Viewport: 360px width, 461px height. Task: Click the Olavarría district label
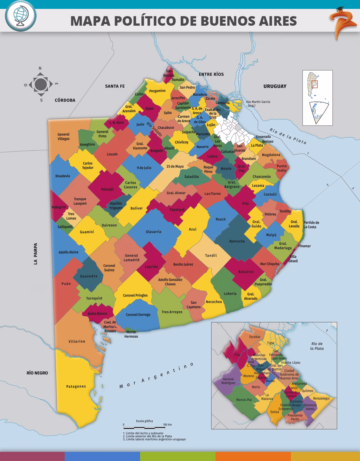click(153, 232)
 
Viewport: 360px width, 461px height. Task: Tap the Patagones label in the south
click(76, 386)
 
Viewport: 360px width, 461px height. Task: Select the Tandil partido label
click(211, 255)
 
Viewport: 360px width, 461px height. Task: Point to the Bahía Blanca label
click(97, 314)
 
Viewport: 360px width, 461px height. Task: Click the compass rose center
click(40, 84)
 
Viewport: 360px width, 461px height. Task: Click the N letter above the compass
click(40, 68)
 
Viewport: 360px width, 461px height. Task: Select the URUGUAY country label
click(275, 86)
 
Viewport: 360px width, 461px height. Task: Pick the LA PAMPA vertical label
click(35, 254)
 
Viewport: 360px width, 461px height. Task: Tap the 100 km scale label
click(167, 425)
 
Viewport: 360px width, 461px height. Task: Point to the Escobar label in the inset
click(254, 337)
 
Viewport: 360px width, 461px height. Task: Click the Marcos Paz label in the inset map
click(244, 399)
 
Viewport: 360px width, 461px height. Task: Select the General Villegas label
click(63, 136)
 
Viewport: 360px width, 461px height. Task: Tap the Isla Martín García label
click(258, 103)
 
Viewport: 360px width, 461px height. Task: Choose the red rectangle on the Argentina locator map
click(314, 84)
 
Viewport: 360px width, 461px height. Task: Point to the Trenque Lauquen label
click(80, 201)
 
